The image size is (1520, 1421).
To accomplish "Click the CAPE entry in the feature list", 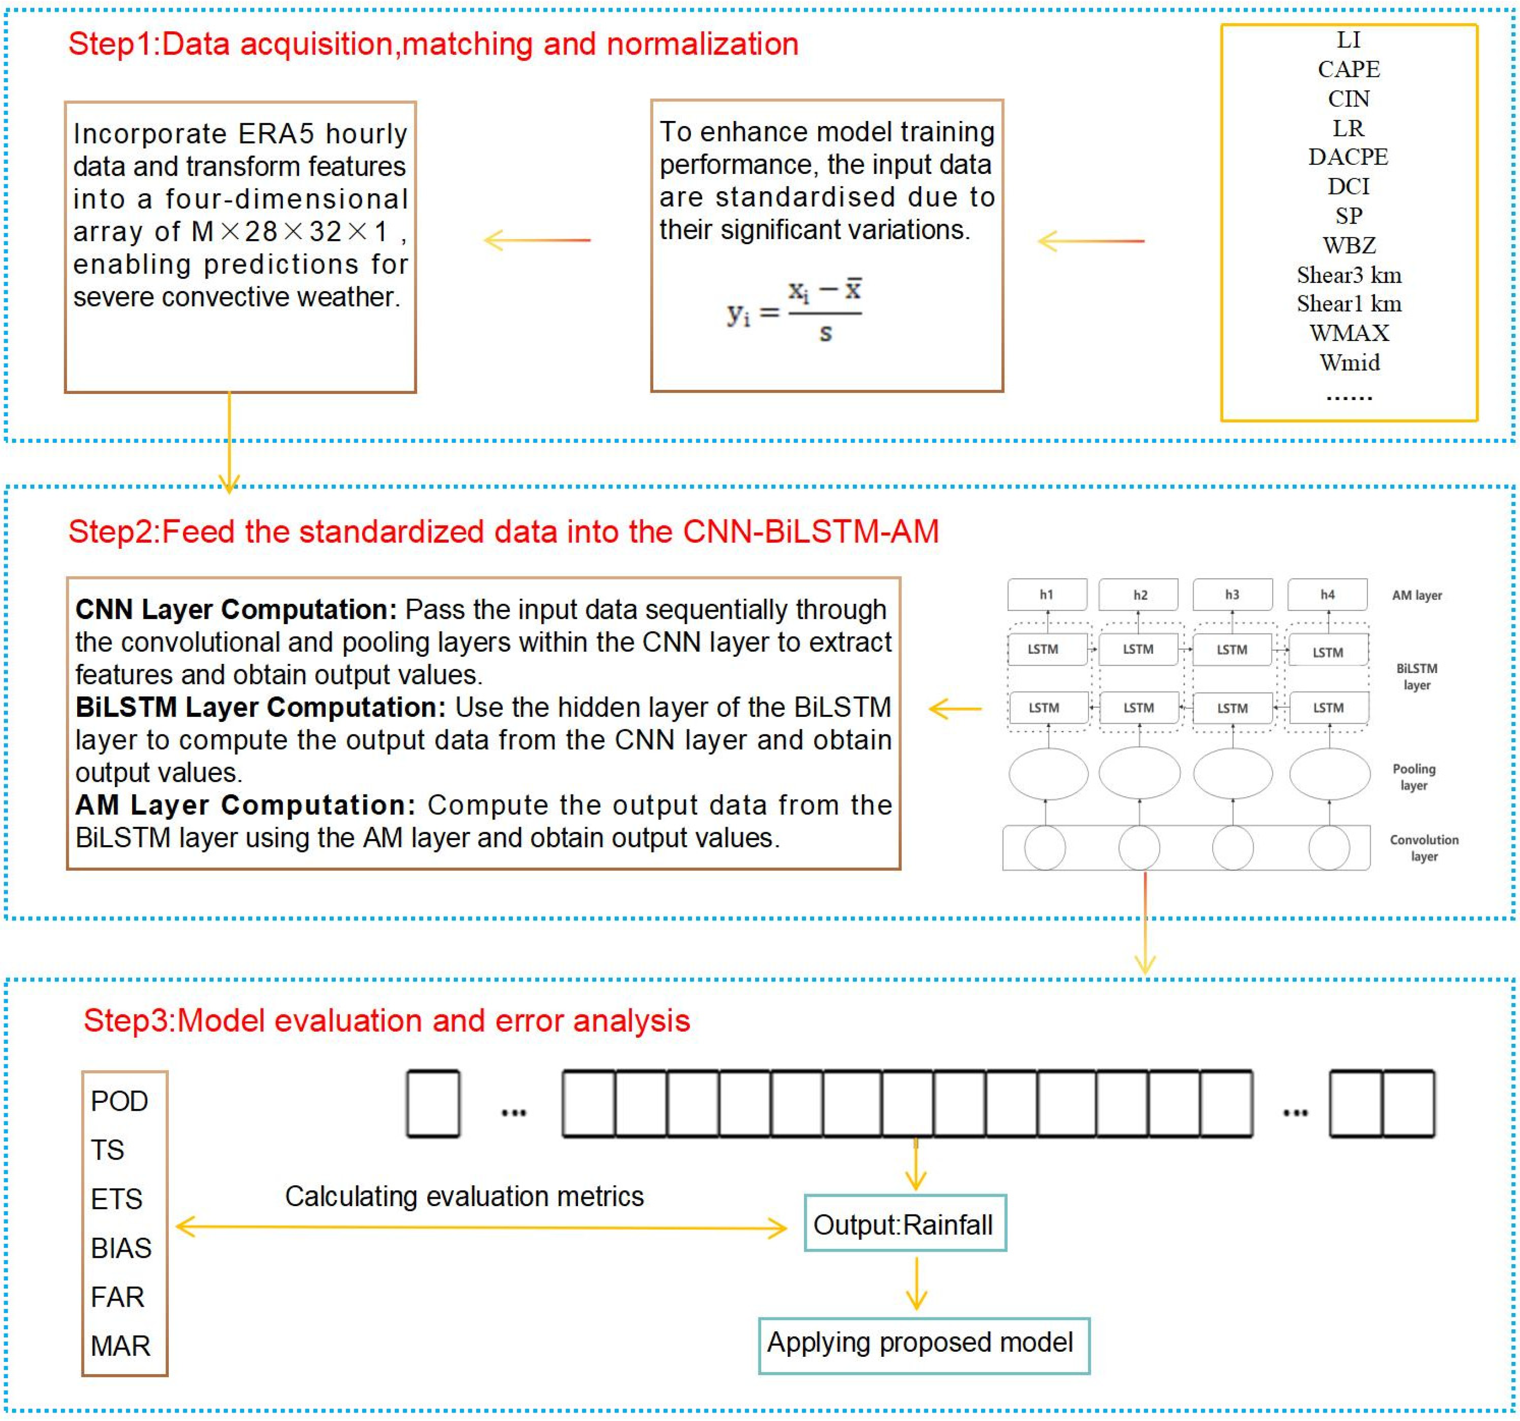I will coord(1349,69).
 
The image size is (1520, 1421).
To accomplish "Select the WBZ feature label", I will coord(1349,246).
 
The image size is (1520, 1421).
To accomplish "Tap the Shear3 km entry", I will coord(1349,274).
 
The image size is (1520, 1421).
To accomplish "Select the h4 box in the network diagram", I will coord(1328,594).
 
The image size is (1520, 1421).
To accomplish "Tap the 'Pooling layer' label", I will coord(1414,776).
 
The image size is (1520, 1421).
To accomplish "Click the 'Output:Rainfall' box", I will coord(904,1224).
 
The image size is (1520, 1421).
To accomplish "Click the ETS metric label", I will coord(116,1199).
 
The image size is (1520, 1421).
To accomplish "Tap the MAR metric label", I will coord(120,1345).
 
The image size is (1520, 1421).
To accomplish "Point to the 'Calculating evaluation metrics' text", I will coord(464,1196).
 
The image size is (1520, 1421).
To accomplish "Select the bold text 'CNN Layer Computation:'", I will coord(235,609).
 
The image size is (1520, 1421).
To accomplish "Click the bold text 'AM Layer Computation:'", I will coord(245,805).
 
